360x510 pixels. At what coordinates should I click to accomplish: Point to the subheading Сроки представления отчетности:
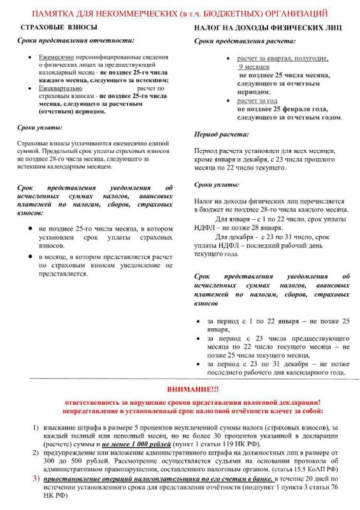pyautogui.click(x=75, y=41)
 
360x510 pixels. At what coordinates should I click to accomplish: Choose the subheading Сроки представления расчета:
pyautogui.click(x=245, y=41)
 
